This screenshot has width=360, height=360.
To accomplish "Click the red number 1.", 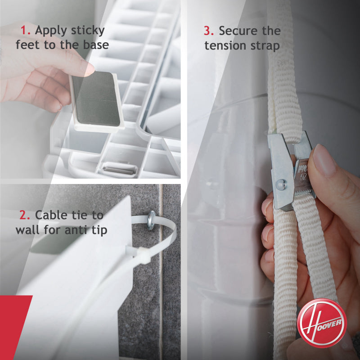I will point(25,31).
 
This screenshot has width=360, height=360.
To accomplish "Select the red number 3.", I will point(209,31).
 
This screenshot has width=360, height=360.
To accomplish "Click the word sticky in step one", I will point(87,31).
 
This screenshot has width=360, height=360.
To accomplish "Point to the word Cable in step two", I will point(52,215).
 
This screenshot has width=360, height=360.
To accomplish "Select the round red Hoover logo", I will point(322,323).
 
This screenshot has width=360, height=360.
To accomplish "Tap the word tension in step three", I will point(226,45).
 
